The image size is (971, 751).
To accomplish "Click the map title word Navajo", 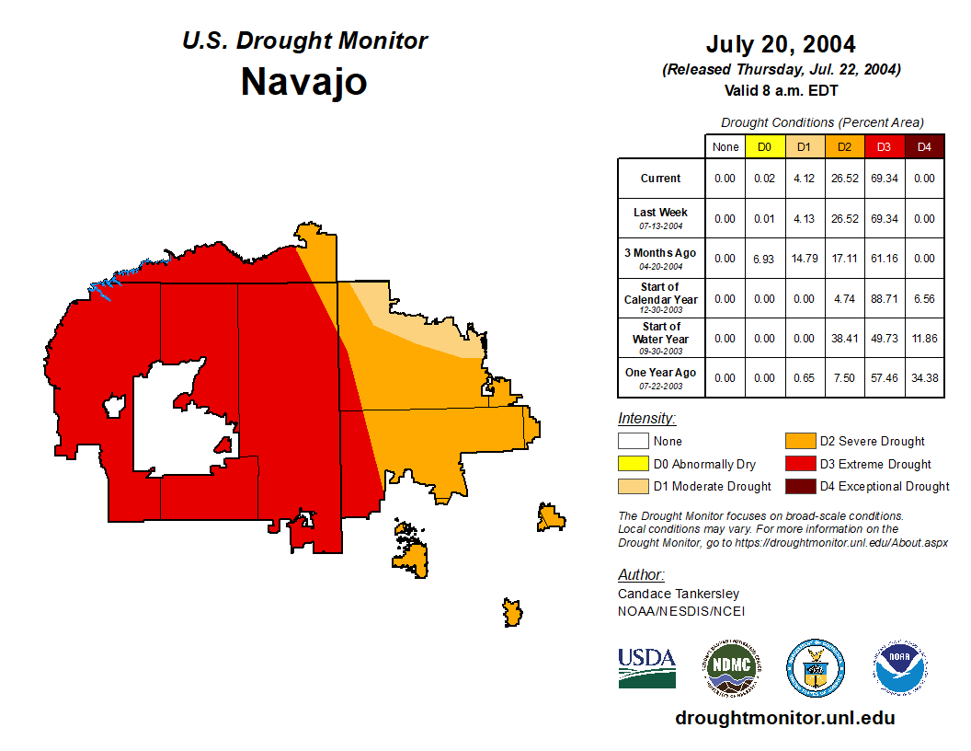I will [x=303, y=82].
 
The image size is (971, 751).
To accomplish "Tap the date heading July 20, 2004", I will [x=781, y=44].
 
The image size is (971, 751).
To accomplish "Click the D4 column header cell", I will [x=924, y=146].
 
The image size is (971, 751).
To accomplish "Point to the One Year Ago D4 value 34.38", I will [x=924, y=378].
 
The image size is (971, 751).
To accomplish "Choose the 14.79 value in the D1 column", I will [x=805, y=259].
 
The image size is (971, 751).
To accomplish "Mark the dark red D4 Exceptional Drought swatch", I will [x=799, y=486].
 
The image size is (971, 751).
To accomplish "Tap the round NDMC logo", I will [x=730, y=667].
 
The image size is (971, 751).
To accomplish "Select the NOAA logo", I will [x=901, y=667].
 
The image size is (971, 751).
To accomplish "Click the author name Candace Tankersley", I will [x=678, y=594].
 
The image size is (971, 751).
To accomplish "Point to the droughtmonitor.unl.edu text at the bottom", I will [x=784, y=718].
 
